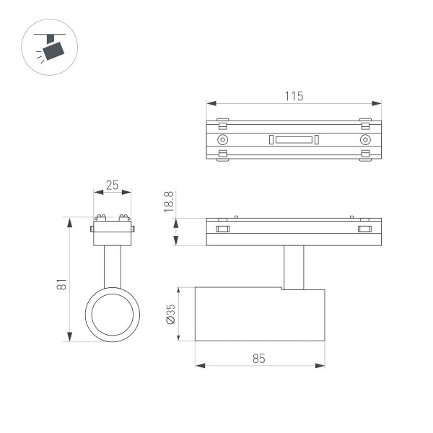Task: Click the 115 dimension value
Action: coord(294,96)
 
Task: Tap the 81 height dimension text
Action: coord(62,284)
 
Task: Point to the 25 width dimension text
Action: coord(112,185)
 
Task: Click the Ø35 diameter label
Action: coord(171,313)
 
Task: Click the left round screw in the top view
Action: coord(222,139)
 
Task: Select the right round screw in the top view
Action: coord(364,139)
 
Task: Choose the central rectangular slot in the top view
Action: coord(293,139)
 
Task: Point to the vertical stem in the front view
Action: coord(112,267)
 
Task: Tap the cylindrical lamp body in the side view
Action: coord(260,314)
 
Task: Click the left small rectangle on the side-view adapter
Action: coord(222,229)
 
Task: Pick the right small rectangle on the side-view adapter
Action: coord(364,229)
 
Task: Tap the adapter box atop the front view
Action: coord(112,232)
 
